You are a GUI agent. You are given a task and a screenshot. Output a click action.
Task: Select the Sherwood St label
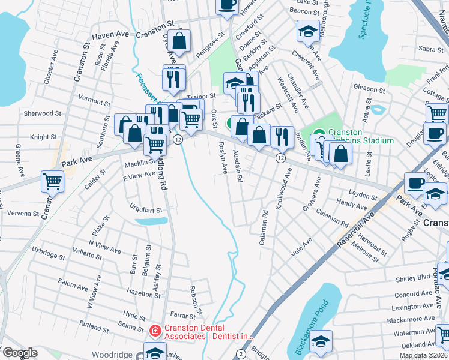tap(43, 113)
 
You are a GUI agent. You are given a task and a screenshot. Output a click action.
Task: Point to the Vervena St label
tap(23, 213)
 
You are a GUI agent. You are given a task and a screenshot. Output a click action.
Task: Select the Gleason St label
tap(369, 88)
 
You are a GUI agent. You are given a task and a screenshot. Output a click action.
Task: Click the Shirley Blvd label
tap(413, 278)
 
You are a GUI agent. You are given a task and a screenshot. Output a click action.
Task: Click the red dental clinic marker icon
tap(155, 331)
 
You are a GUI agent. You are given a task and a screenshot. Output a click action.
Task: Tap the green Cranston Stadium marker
tap(318, 133)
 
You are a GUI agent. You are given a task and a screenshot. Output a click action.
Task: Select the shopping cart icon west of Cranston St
tap(53, 180)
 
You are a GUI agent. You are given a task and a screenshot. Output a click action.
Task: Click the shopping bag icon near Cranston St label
tap(179, 41)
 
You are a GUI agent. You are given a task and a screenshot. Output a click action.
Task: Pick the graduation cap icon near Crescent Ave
tap(307, 31)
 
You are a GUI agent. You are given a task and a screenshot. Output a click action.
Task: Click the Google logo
tap(19, 353)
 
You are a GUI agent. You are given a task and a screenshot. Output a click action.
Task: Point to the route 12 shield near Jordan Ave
tap(280, 158)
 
